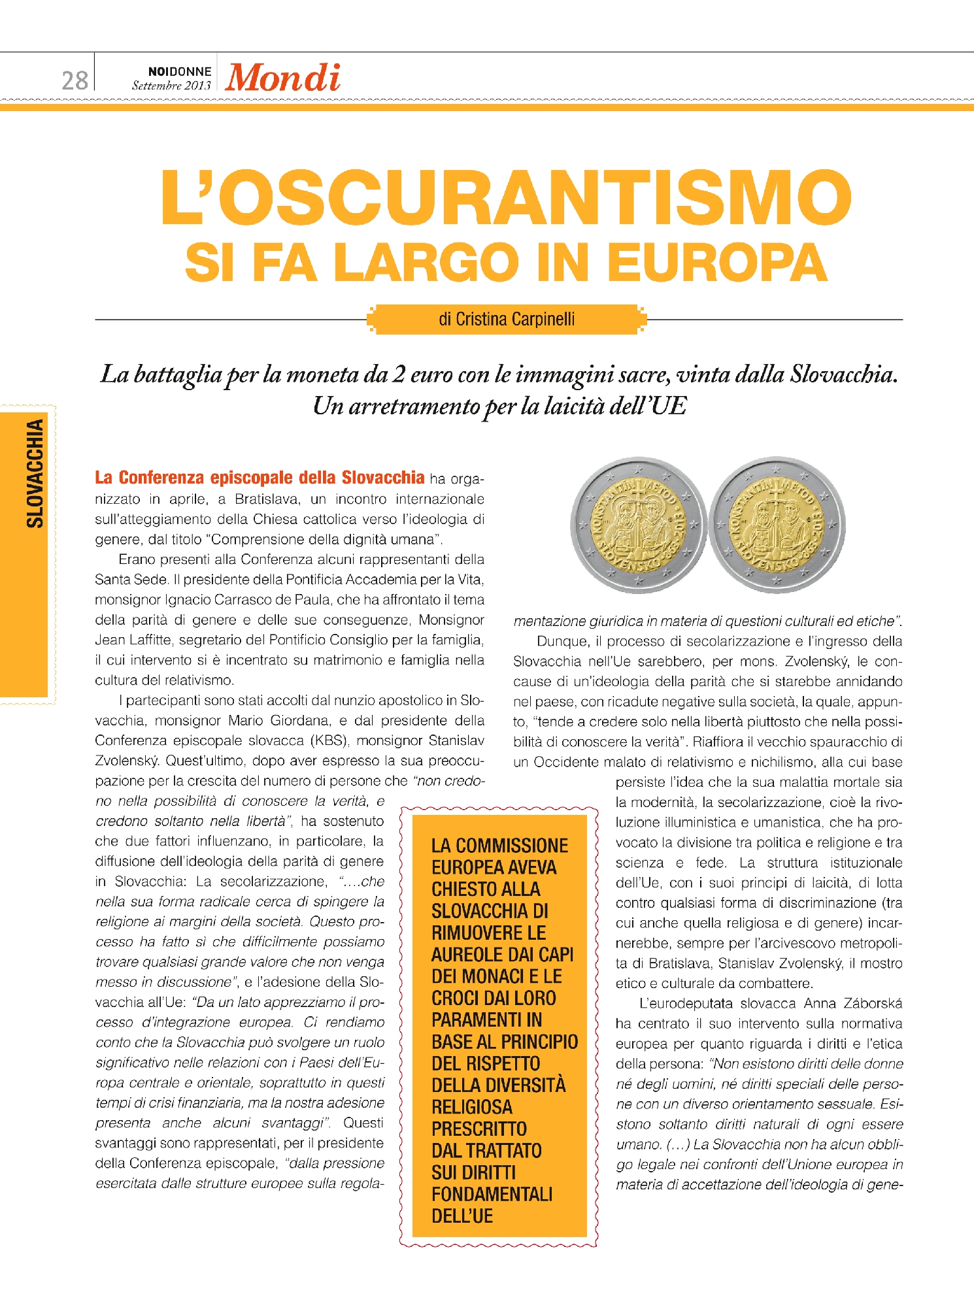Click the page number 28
[75, 80]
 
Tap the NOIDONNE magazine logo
[180, 71]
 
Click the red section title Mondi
[282, 78]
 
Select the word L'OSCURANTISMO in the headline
[506, 197]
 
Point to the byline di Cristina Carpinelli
[507, 319]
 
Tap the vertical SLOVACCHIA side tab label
[35, 474]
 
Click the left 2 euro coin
[638, 525]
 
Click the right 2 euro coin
[777, 525]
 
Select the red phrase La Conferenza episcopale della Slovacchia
[260, 478]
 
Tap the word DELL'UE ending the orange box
[462, 1216]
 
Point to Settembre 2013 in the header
[171, 86]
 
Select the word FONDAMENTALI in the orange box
[492, 1195]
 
